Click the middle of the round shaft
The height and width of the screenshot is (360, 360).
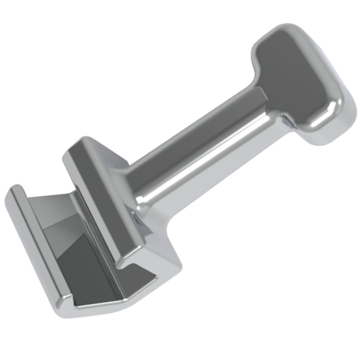203,149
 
